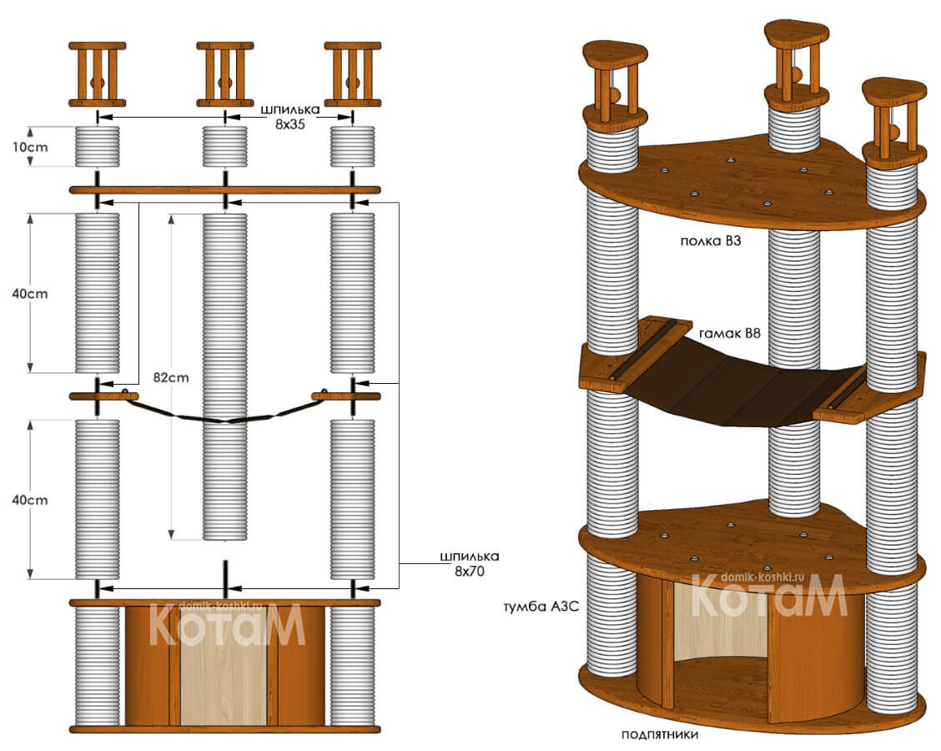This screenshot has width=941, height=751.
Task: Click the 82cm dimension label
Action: click(x=172, y=376)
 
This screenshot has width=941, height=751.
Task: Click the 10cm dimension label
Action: click(x=33, y=147)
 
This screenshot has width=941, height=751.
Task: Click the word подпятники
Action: click(x=660, y=735)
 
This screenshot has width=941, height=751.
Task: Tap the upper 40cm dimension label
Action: click(x=33, y=294)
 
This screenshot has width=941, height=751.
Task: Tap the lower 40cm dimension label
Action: click(x=33, y=500)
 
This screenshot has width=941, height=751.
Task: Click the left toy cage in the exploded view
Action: click(x=98, y=74)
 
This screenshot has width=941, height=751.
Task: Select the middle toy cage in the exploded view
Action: click(x=225, y=74)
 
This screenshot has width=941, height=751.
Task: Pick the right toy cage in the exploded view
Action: click(x=353, y=74)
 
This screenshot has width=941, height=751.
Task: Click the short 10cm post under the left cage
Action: click(x=98, y=147)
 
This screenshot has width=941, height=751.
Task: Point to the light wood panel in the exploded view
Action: click(x=224, y=666)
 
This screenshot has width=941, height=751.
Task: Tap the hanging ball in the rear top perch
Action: click(x=797, y=75)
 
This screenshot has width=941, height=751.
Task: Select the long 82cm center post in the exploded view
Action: click(x=224, y=375)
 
